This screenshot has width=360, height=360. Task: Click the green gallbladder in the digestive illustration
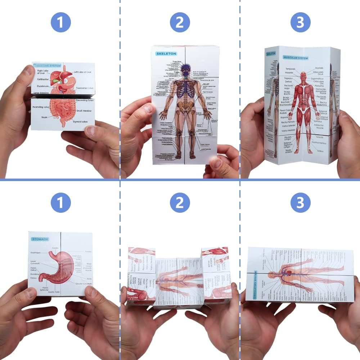(54, 81)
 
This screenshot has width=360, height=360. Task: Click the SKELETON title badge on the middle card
(166, 53)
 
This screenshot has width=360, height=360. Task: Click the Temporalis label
(291, 69)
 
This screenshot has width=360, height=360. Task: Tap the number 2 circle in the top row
(180, 22)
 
